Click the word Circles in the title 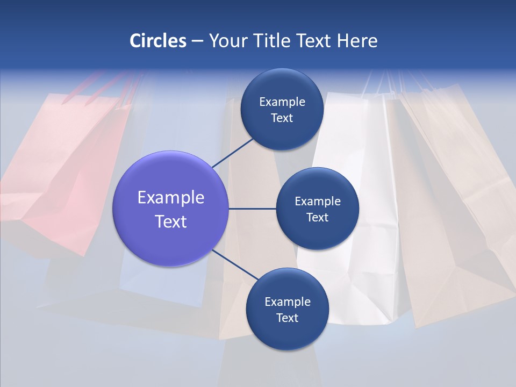click(158, 41)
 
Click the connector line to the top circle click(233, 153)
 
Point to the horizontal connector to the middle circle click(252, 209)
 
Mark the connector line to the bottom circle click(235, 265)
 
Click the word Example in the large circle click(171, 198)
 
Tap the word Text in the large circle click(171, 221)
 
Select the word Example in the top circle click(282, 102)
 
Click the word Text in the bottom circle click(287, 318)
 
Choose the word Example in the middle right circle click(318, 202)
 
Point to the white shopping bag click(355, 215)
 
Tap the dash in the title click(197, 41)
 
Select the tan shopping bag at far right click(462, 204)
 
